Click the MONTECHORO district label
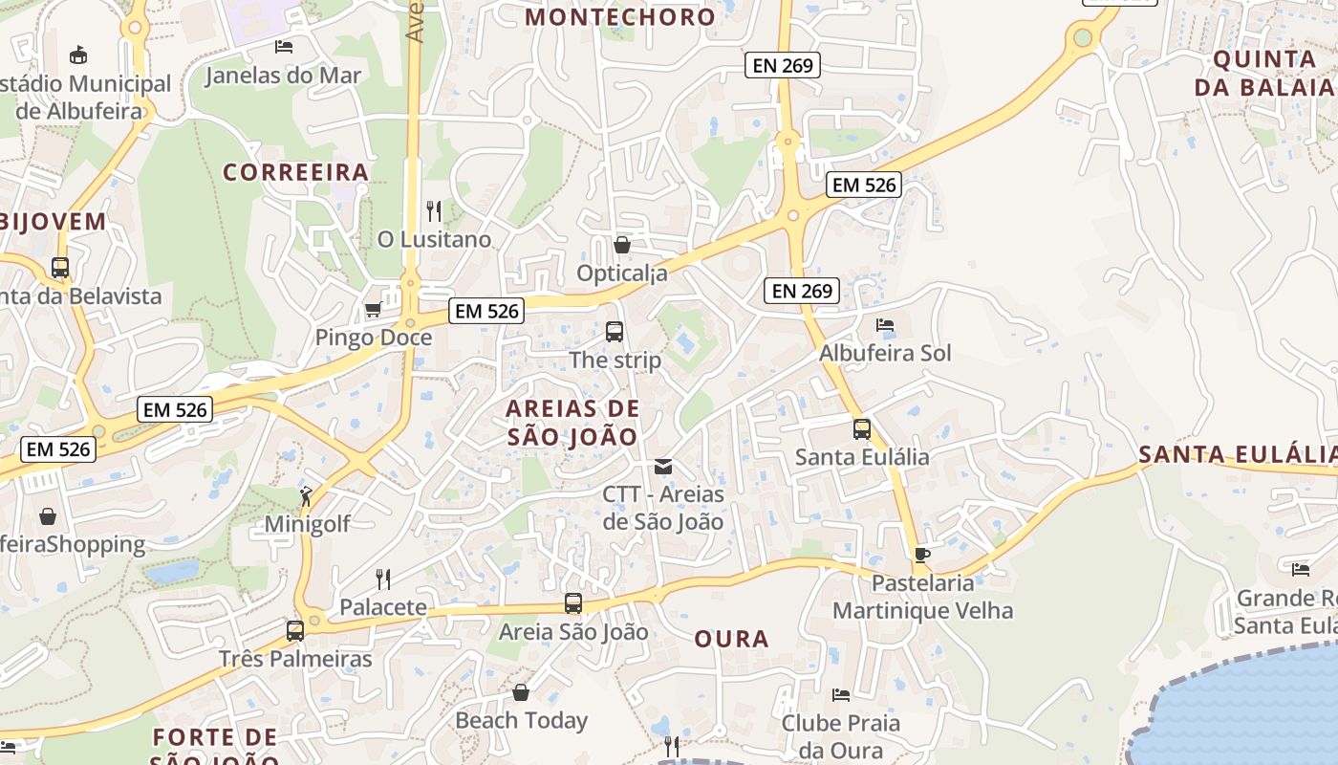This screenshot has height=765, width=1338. (620, 16)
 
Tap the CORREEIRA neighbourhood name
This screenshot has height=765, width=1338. (295, 172)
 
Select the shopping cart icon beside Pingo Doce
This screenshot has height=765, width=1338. (374, 310)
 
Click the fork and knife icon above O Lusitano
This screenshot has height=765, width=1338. (434, 210)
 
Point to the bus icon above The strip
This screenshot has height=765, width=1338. (615, 332)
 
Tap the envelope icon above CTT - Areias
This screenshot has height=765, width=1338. (662, 467)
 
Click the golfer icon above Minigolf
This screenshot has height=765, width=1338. (306, 495)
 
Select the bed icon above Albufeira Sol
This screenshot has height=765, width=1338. (885, 325)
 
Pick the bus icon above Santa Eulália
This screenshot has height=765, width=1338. (862, 429)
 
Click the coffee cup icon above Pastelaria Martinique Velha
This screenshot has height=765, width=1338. (922, 555)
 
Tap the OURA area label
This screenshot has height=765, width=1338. (731, 639)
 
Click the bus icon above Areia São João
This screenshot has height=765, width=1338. (573, 603)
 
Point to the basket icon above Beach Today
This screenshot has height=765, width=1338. (521, 692)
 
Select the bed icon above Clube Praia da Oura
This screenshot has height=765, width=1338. (841, 695)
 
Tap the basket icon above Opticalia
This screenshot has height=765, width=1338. (622, 245)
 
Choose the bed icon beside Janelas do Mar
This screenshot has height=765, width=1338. (283, 46)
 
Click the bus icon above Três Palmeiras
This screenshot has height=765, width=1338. (295, 631)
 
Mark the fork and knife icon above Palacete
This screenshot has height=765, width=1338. (383, 579)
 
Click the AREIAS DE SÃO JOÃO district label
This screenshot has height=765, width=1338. (572, 423)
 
